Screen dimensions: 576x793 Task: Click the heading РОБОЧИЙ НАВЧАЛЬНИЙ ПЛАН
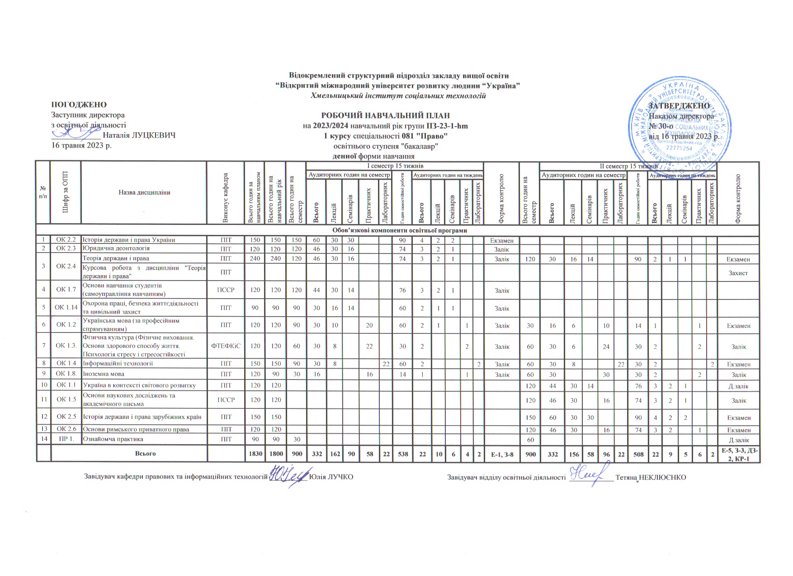385,116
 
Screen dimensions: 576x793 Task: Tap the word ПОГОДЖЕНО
79,105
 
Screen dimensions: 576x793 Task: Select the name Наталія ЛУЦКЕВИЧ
139,135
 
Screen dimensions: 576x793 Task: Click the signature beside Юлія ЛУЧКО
288,477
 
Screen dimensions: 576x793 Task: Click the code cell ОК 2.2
66,240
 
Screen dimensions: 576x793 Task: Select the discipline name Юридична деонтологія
116,248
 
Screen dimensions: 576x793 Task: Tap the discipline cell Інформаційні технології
118,363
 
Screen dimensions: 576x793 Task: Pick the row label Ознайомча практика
113,439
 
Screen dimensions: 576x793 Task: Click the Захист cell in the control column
738,273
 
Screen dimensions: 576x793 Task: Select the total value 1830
255,454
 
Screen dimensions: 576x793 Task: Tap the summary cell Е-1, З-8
502,454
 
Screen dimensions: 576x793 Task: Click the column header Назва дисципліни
144,192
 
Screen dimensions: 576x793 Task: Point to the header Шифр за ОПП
66,192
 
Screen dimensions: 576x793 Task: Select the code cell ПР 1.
66,439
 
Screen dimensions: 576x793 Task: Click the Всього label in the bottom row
145,454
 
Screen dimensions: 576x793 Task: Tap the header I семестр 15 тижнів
394,166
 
